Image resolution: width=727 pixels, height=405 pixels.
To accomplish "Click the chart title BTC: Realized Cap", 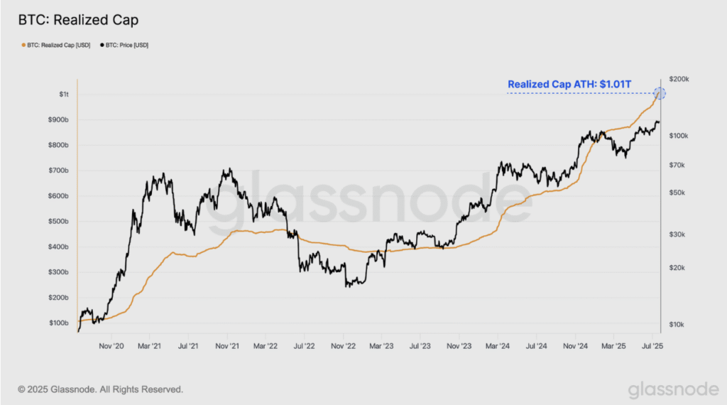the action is (x=78, y=20).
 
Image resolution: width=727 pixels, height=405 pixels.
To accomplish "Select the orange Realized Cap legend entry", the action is (x=56, y=45).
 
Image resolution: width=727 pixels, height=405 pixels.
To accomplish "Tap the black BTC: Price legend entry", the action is (x=124, y=45).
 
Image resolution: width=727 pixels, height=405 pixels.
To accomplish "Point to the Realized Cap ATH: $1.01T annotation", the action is (x=569, y=84).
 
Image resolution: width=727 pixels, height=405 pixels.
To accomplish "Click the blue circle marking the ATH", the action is (x=660, y=93).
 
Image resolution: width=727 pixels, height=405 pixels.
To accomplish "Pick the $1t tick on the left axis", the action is (x=63, y=94).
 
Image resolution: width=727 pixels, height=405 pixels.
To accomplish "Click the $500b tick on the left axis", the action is (x=58, y=221).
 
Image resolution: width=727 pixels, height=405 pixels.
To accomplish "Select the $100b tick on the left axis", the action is (x=58, y=323).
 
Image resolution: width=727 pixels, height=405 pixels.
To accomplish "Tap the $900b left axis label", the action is (x=58, y=119).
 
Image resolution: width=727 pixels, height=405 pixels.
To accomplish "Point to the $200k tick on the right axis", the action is (x=679, y=80).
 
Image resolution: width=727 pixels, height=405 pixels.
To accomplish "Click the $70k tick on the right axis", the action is (x=677, y=165).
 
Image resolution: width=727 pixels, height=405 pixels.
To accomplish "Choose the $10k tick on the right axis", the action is (x=677, y=325).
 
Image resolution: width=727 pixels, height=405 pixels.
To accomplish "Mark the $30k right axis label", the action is (x=677, y=234).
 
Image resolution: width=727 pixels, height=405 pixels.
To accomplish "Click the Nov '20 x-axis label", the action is (x=111, y=346).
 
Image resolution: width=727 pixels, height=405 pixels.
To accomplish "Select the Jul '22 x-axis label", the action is (x=304, y=346).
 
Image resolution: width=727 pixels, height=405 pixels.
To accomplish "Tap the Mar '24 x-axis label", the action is (x=498, y=346).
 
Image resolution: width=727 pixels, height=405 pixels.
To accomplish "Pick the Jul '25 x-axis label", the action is (x=652, y=346).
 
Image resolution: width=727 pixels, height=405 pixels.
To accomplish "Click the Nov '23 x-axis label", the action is (x=459, y=346).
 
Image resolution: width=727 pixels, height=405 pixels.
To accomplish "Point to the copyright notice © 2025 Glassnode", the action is (x=101, y=389).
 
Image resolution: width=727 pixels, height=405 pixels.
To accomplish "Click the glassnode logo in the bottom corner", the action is (x=673, y=389).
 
